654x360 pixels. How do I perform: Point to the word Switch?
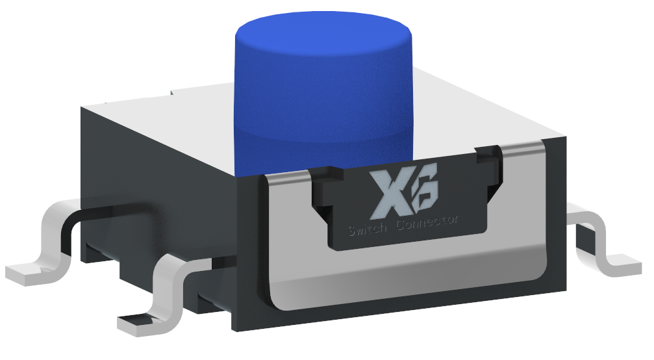(x=369, y=229)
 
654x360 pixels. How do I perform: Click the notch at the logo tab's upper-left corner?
(x=321, y=173)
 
